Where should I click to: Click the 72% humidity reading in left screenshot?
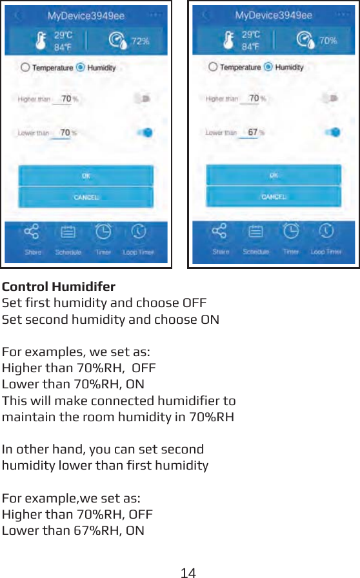140,41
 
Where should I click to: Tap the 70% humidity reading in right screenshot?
328,41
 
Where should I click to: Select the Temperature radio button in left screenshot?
25,67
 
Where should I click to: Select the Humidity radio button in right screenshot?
268,67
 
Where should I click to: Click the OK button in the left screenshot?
86,175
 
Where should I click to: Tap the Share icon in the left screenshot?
32,232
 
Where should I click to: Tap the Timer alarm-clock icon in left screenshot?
103,231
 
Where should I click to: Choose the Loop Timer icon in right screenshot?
326,230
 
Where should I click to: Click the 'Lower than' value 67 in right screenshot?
252,132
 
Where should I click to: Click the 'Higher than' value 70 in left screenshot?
65,99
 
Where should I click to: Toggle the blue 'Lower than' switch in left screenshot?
145,132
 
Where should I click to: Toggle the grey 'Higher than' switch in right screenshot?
331,99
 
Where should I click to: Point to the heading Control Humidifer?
59,286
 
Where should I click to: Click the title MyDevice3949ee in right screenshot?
274,15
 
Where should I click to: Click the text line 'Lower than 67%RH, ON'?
74,531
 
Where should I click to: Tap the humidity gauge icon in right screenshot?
305,41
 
